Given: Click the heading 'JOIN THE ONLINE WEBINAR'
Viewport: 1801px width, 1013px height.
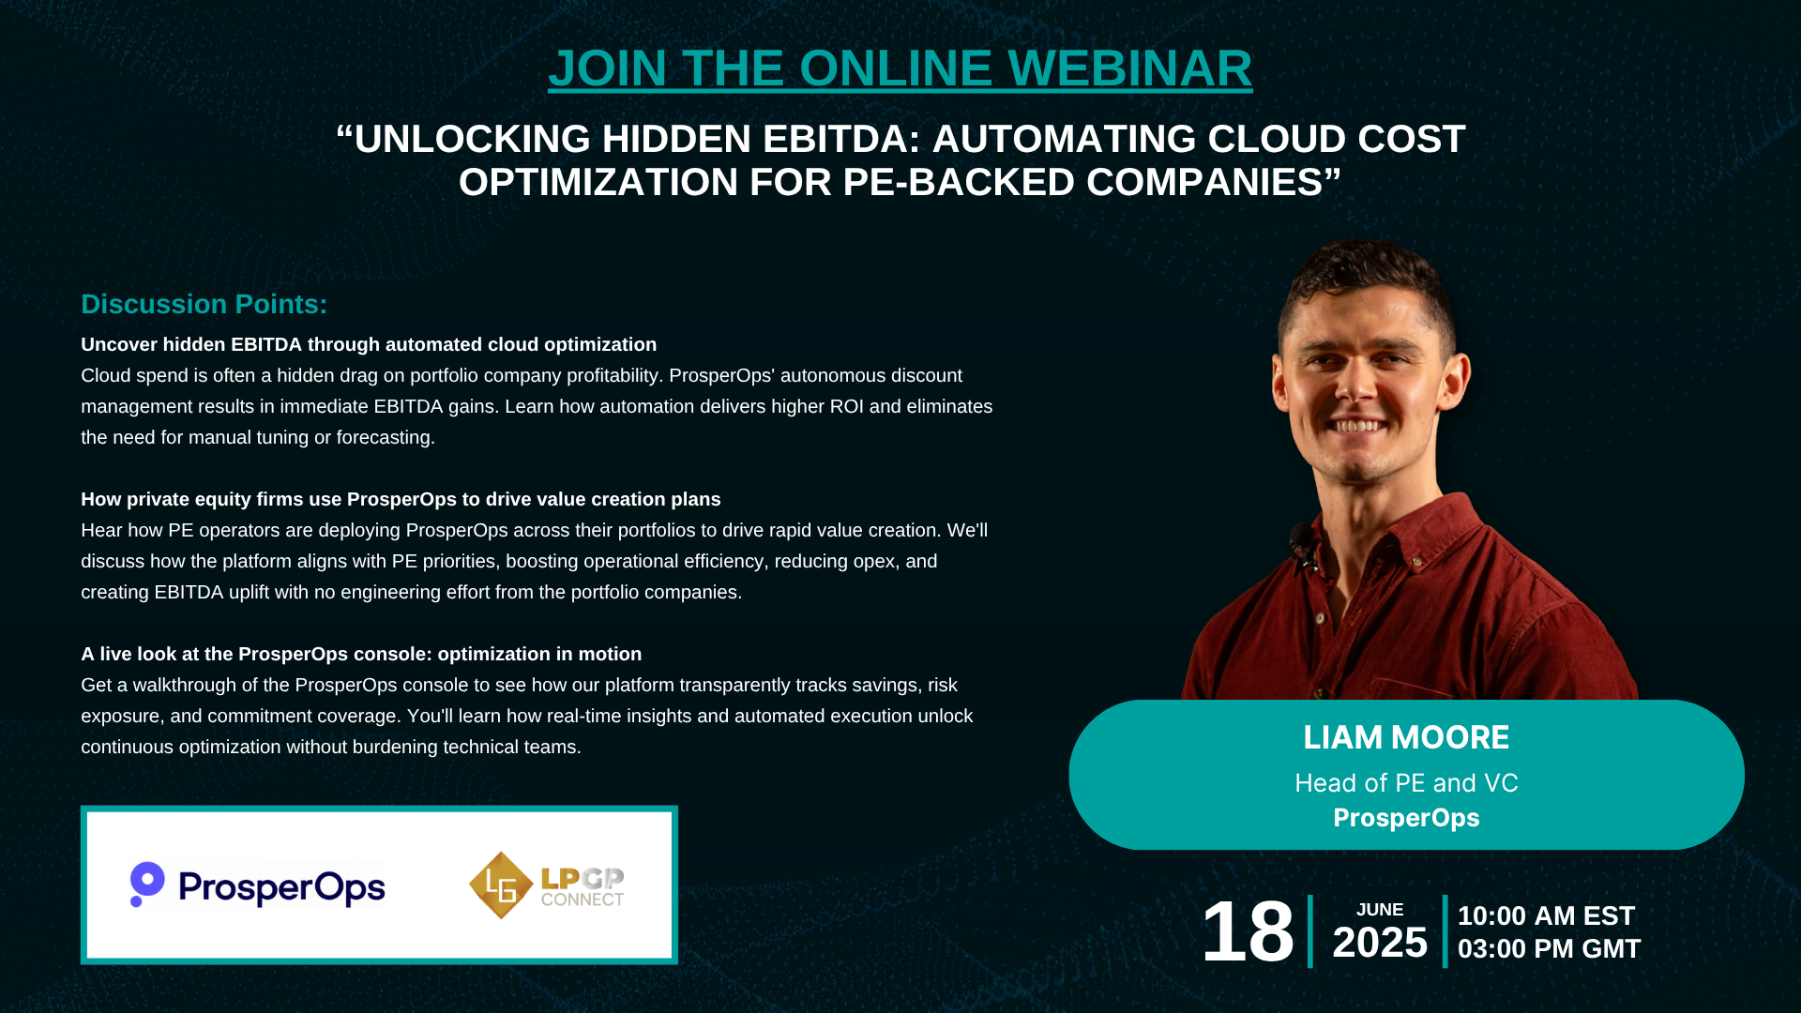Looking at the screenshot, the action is [x=900, y=68].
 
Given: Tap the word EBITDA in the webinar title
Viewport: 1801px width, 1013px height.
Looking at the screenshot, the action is [x=834, y=139].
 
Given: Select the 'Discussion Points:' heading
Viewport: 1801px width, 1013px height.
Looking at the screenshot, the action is [x=204, y=304].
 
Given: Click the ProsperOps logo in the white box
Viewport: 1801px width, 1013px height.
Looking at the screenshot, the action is [x=258, y=884].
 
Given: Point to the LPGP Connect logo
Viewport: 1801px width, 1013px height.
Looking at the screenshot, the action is [x=547, y=884].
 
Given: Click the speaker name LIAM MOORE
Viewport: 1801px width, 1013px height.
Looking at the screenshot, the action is [x=1406, y=738].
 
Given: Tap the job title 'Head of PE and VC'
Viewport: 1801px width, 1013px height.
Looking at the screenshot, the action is [x=1406, y=783].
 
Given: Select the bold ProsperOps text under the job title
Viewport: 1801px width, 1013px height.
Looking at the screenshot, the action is [x=1406, y=818].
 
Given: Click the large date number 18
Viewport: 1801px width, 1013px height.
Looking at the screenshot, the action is [x=1248, y=931].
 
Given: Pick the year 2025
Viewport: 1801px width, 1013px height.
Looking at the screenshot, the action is [x=1380, y=943].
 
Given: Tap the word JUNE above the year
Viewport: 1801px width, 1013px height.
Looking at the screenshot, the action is [x=1380, y=910].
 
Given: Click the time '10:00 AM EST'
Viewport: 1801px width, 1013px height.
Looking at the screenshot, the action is [x=1547, y=915].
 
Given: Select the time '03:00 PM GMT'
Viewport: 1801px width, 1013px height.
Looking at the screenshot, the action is [x=1550, y=949].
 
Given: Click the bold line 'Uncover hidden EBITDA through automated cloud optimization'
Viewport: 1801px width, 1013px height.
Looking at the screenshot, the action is [x=369, y=344].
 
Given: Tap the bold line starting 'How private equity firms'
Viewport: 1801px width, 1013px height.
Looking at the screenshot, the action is [x=401, y=499].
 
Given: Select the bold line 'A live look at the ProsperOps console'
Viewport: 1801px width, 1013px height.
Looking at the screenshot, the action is [x=361, y=654].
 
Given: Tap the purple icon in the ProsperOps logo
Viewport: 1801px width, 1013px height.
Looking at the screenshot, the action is [x=146, y=884].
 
